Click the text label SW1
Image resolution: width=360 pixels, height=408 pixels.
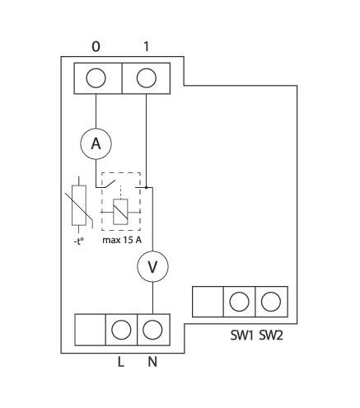point(241,335)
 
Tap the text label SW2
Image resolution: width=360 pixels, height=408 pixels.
point(271,335)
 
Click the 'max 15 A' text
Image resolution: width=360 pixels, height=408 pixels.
point(122,240)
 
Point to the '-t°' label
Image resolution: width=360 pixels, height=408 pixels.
point(78,242)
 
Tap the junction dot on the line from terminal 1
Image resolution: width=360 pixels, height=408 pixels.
point(147,188)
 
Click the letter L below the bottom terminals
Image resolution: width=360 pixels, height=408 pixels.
point(121,362)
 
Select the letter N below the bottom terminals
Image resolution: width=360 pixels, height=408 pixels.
point(152,362)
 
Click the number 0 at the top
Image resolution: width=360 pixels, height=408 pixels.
point(96,47)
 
